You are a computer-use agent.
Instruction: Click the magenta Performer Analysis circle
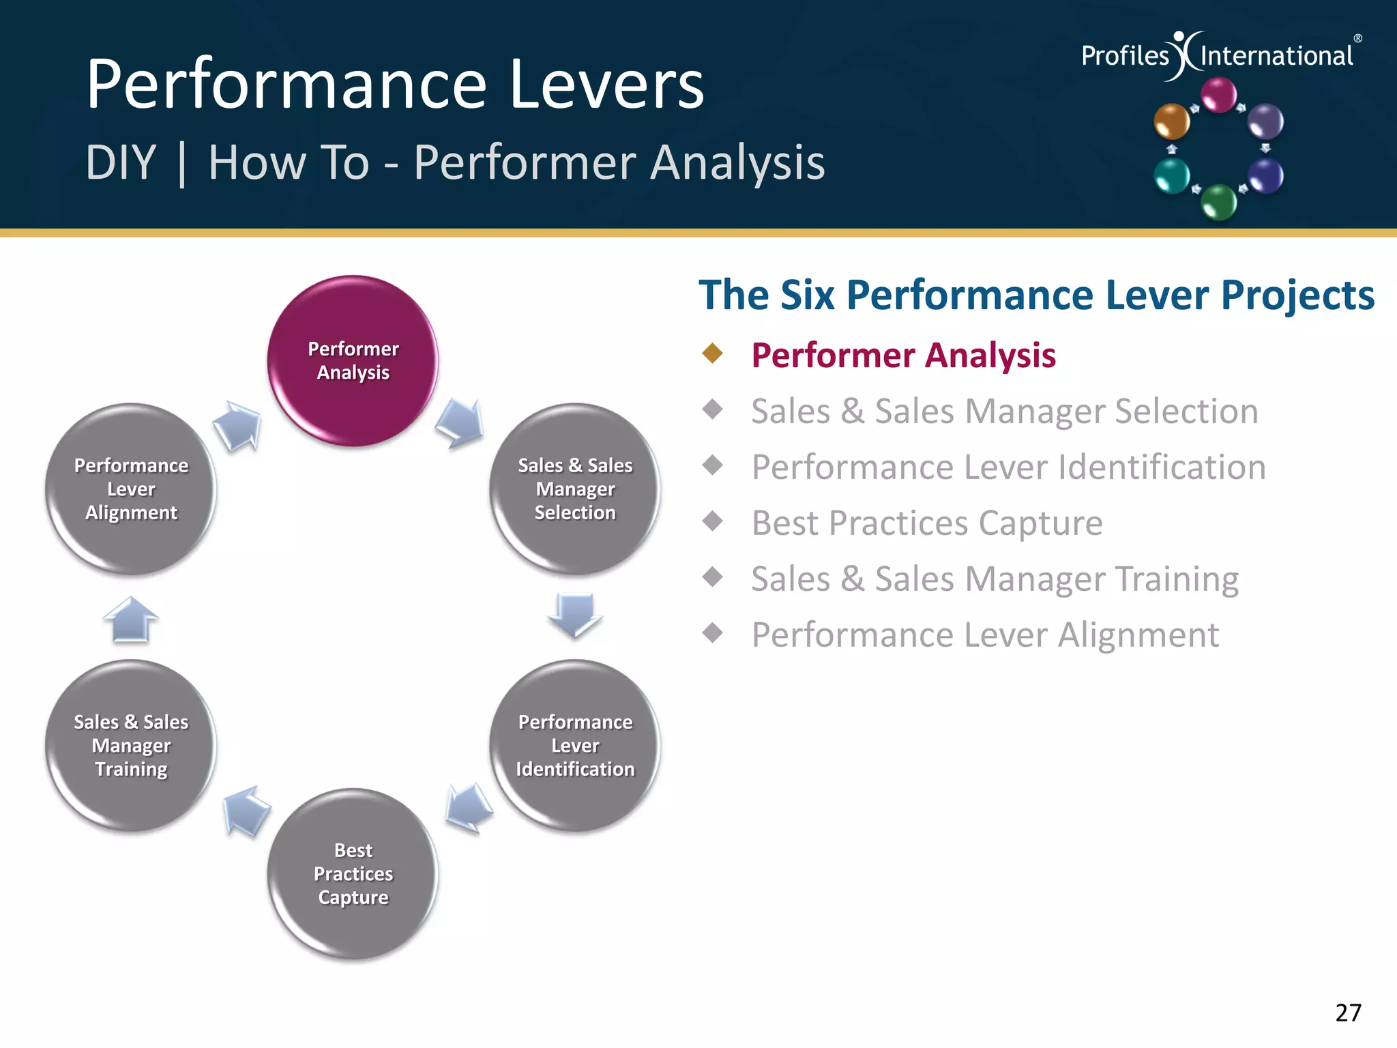[x=353, y=361]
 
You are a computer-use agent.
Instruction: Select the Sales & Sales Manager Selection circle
[x=574, y=489]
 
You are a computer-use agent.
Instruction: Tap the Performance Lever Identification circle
[x=574, y=745]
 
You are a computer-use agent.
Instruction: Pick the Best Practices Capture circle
[x=353, y=873]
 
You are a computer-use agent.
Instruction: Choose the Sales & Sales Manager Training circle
[x=131, y=745]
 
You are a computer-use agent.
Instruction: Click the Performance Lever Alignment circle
[x=131, y=489]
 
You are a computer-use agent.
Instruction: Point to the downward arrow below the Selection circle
[x=575, y=614]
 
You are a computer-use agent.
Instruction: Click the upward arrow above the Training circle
[x=131, y=619]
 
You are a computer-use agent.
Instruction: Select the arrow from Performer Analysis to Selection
[x=460, y=423]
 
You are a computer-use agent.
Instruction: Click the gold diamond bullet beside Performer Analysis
[x=713, y=353]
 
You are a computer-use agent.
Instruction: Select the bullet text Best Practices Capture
[x=926, y=523]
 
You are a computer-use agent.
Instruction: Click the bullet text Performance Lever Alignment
[x=984, y=635]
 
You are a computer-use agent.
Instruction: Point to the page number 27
[x=1348, y=1013]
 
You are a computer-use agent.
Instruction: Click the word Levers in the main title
[x=606, y=85]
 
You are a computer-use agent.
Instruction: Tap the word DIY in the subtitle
[x=121, y=162]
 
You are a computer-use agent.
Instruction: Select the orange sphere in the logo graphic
[x=1171, y=121]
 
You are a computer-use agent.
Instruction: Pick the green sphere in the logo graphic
[x=1218, y=202]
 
